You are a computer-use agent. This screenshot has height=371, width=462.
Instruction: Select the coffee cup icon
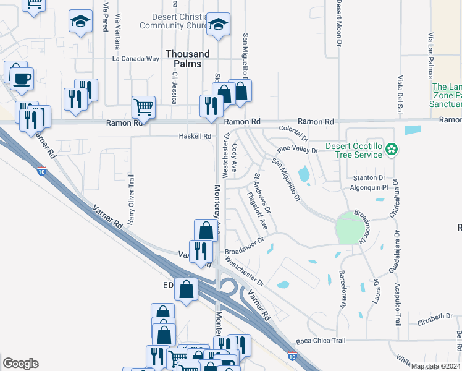tap(22, 79)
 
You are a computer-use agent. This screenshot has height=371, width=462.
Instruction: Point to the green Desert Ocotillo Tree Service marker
tap(390, 149)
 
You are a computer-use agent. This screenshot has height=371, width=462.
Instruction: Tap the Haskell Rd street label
tap(195, 136)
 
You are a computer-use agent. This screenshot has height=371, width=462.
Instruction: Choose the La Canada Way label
tap(136, 59)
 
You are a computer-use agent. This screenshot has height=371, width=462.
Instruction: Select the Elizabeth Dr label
tap(435, 318)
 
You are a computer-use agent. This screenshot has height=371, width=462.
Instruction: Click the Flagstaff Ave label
tap(257, 209)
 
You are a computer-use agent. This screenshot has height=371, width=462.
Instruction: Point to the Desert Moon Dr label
tap(339, 23)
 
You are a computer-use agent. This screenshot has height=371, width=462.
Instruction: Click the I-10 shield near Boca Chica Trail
tap(292, 356)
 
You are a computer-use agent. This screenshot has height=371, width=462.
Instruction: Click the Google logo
tap(20, 364)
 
